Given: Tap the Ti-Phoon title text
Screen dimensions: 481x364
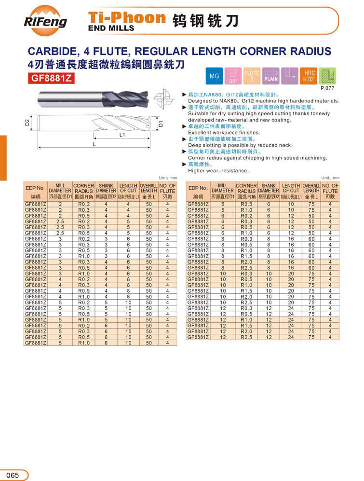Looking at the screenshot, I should pos(127,18).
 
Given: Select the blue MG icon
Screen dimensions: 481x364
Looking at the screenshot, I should pos(214,76).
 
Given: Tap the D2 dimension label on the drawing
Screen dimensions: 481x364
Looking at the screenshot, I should pos(27,123).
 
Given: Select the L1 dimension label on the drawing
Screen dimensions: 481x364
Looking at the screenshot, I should pos(122,135).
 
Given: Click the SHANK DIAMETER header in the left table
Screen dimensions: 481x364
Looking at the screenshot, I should pos(106,191).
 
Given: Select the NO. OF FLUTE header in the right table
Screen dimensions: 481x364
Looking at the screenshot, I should pos(330,191).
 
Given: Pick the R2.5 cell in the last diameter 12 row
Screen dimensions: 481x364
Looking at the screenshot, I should pos(246,337).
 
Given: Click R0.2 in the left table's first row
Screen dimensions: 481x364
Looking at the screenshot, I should pos(84,204).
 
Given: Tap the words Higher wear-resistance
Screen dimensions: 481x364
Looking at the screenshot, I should pos(218,170).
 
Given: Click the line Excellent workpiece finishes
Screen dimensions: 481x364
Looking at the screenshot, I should pos(224,132).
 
